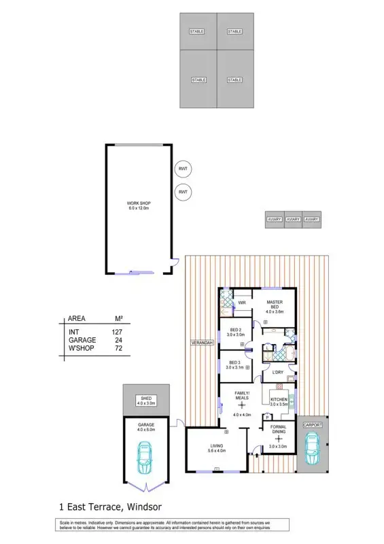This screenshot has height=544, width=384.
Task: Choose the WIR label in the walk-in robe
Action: (241, 303)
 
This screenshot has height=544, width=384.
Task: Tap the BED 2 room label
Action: (235, 331)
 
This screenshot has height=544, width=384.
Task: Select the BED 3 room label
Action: (235, 362)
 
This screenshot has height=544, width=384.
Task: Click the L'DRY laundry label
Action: (277, 373)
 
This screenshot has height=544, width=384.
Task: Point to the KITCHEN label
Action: (279, 399)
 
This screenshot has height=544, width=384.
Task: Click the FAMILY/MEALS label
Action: (242, 395)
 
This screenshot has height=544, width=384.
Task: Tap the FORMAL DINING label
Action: (278, 429)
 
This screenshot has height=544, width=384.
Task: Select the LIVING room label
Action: (215, 446)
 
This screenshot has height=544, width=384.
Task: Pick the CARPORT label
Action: (312, 424)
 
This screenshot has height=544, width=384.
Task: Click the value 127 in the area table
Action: (116, 332)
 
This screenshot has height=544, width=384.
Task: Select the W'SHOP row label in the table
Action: (81, 348)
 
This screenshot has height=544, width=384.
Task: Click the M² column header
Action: (118, 319)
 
